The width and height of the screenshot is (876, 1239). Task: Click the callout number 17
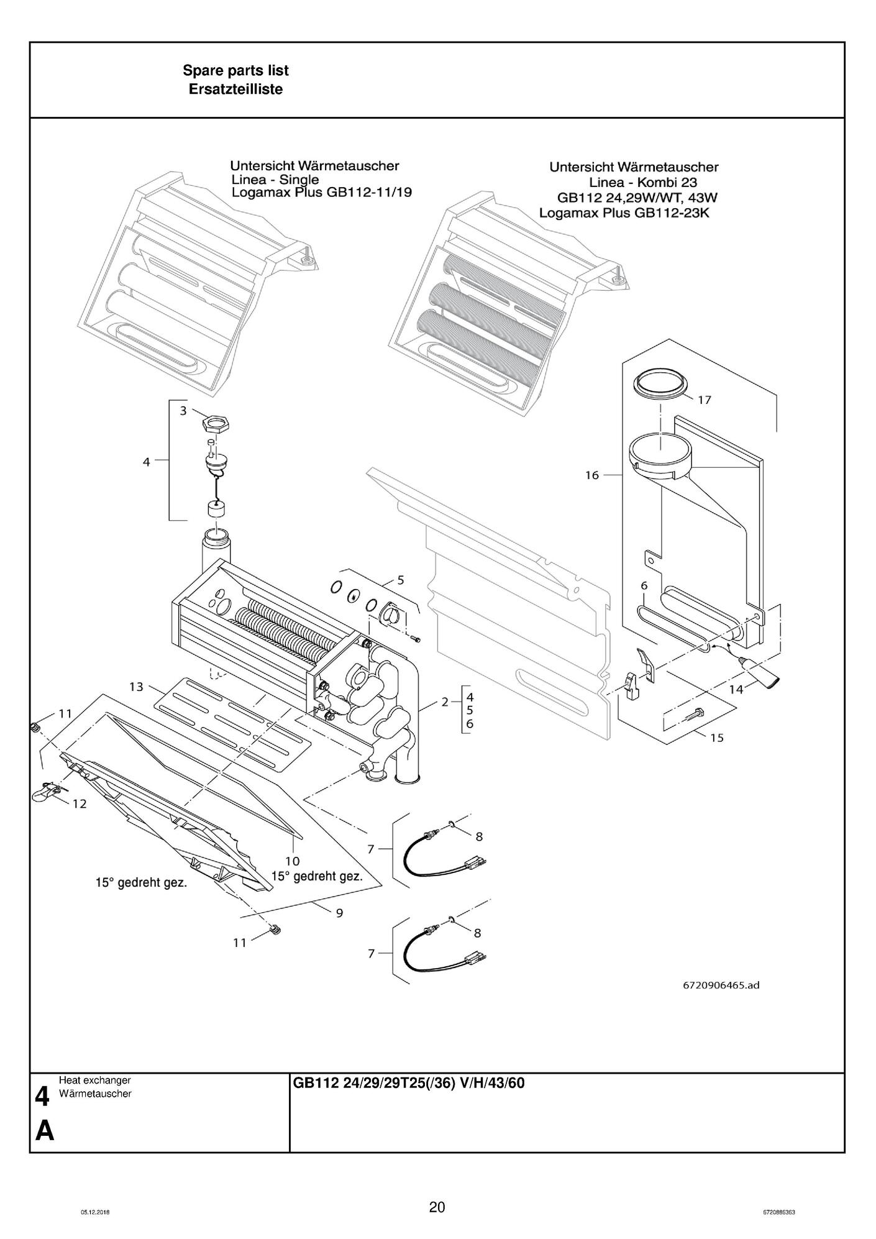[x=704, y=400]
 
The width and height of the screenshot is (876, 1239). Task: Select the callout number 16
[x=591, y=475]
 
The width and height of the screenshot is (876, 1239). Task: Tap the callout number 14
[x=736, y=689]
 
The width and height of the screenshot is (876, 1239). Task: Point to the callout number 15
[x=716, y=738]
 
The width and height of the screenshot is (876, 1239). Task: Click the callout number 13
[x=136, y=687]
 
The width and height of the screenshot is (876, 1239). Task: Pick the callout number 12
[x=79, y=804]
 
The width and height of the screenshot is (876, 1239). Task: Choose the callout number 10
[x=292, y=861]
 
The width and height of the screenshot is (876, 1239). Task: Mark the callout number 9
[x=339, y=913]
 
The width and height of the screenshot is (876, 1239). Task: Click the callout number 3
[x=183, y=411]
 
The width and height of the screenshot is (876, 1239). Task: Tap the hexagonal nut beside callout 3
[x=215, y=426]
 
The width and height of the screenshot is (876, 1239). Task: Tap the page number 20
[x=437, y=1207]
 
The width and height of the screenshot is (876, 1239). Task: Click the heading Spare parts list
[x=235, y=71]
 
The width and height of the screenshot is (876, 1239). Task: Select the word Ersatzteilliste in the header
[x=235, y=89]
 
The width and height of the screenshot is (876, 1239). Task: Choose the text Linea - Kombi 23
[x=642, y=183]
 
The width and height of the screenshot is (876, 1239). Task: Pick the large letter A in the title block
[x=44, y=1132]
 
